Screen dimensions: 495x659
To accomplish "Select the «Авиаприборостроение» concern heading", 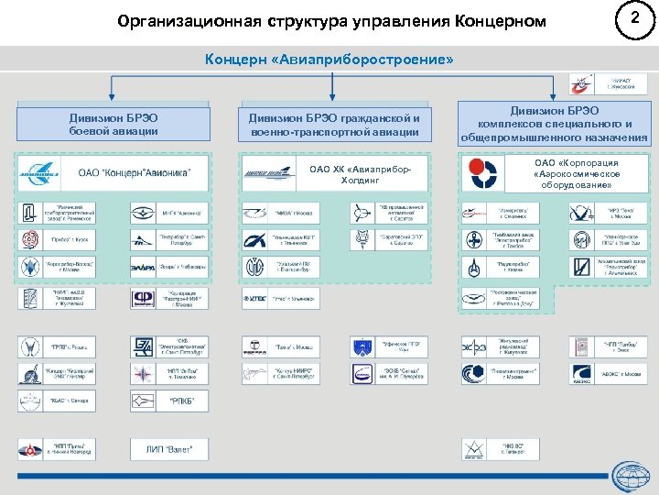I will pyautogui.click(x=329, y=59).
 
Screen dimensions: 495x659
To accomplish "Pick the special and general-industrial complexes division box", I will pyautogui.click(x=554, y=124).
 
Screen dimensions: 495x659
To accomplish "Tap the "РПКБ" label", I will pyautogui.click(x=182, y=401).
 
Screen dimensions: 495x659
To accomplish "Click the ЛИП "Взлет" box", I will pyautogui.click(x=176, y=448).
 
